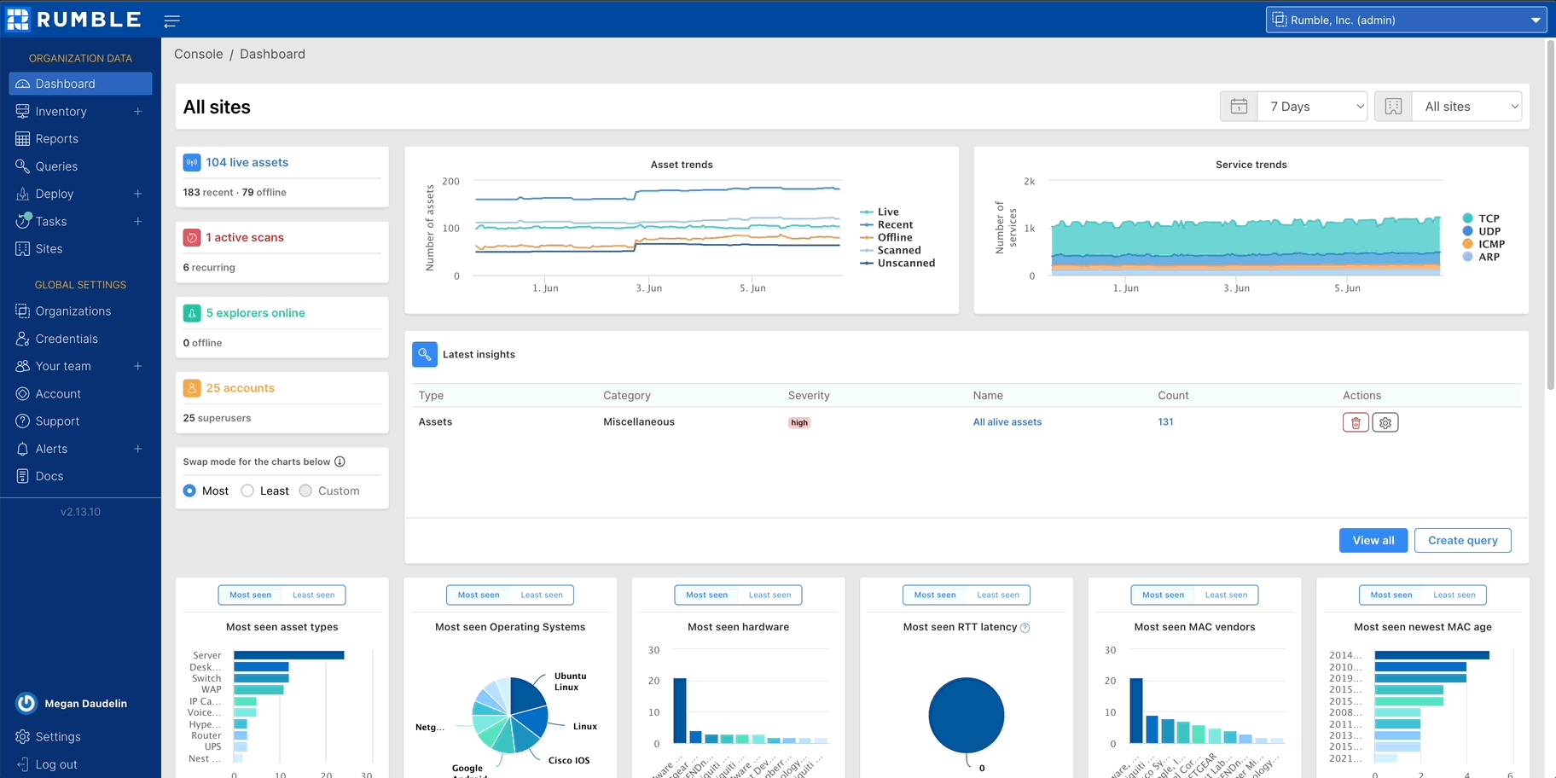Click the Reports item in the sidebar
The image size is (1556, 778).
point(56,139)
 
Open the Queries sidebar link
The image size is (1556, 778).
point(56,166)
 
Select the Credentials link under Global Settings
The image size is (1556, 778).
point(67,339)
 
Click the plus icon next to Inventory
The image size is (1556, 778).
point(137,112)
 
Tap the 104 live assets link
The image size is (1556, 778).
point(247,162)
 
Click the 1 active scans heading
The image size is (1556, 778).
point(244,237)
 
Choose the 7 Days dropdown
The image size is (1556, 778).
point(1314,107)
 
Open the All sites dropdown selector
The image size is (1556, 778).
point(1466,107)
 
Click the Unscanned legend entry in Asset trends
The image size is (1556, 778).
point(905,263)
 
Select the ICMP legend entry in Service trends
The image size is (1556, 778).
point(1490,244)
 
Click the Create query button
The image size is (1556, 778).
point(1462,540)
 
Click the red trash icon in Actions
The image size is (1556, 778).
point(1356,422)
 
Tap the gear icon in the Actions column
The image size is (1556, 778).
point(1385,422)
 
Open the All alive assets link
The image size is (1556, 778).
point(1007,422)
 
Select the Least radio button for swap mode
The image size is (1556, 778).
point(248,491)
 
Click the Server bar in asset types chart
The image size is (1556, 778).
point(288,655)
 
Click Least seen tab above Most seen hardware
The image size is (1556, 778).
point(769,595)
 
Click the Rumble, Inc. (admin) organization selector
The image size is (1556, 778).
point(1405,20)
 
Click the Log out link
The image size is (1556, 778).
point(55,764)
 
